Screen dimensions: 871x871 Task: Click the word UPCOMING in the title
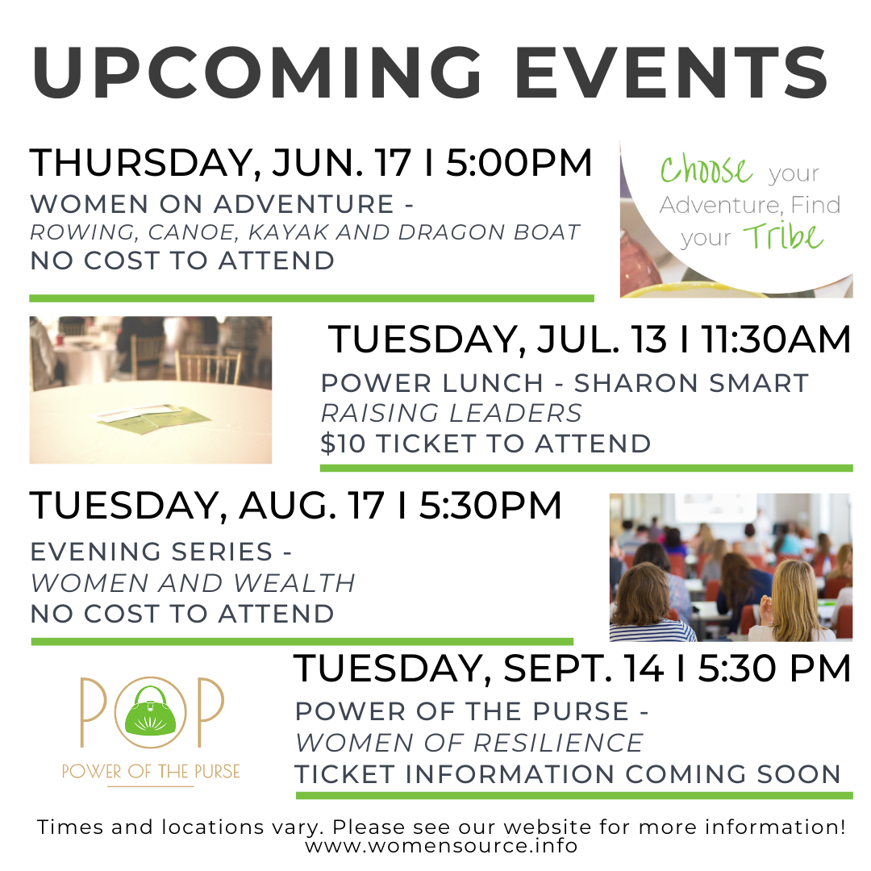256,73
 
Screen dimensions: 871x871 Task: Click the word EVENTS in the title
672,73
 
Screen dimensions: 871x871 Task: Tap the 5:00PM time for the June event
519,163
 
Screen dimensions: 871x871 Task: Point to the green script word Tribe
783,236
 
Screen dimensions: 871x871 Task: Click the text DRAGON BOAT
489,232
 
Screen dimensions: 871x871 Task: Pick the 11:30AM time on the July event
776,340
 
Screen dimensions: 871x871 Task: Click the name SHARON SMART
691,383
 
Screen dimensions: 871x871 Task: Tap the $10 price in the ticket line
343,444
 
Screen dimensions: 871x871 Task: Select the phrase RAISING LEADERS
451,413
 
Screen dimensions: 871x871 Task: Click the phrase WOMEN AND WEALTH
193,583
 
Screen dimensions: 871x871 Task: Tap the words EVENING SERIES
152,552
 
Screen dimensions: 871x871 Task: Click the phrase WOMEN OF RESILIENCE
469,744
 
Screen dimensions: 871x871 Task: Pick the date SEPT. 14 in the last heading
583,669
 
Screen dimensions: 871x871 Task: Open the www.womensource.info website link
442,846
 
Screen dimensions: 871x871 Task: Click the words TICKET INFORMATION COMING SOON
568,774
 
